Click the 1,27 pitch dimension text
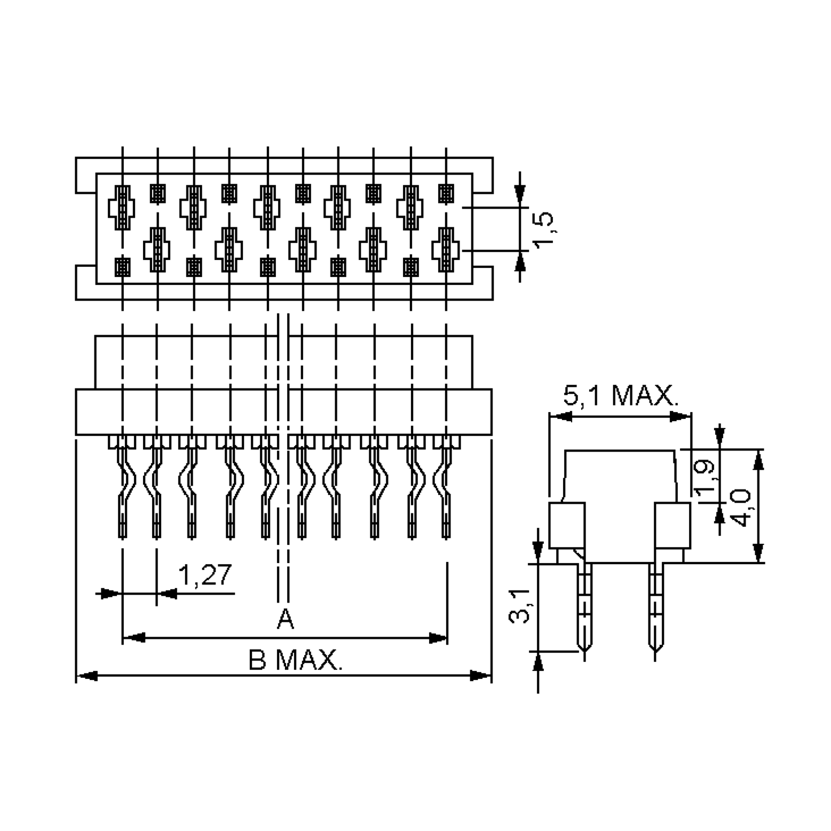point(205,576)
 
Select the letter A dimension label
point(285,620)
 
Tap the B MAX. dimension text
point(295,660)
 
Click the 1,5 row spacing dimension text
point(544,229)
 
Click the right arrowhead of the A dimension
point(438,638)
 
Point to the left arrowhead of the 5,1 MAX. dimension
point(561,416)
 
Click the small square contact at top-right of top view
point(446,194)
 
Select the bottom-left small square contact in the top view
point(123,267)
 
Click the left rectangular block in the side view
point(567,525)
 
